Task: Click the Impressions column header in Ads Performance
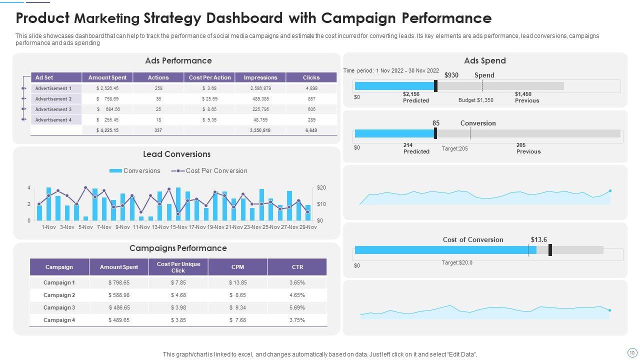pyautogui.click(x=260, y=77)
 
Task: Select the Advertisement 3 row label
pyautogui.click(x=53, y=109)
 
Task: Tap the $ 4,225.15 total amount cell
pyautogui.click(x=107, y=130)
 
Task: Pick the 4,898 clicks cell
pyautogui.click(x=311, y=88)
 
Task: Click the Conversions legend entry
pyautogui.click(x=135, y=171)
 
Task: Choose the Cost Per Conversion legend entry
pyautogui.click(x=209, y=171)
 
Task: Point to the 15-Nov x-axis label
pyautogui.click(x=179, y=227)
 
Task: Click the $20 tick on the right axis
pyautogui.click(x=321, y=187)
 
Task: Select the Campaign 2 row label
pyautogui.click(x=59, y=295)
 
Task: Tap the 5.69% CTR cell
pyautogui.click(x=297, y=307)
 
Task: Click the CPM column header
pyautogui.click(x=237, y=267)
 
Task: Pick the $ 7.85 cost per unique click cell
pyautogui.click(x=178, y=282)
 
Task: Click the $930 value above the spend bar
pyautogui.click(x=451, y=75)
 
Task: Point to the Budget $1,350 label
pyautogui.click(x=476, y=100)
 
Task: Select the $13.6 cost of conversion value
pyautogui.click(x=539, y=239)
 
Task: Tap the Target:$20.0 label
pyautogui.click(x=457, y=262)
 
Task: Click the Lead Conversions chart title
pyautogui.click(x=176, y=154)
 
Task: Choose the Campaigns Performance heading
pyautogui.click(x=178, y=248)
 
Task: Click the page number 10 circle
pyautogui.click(x=631, y=352)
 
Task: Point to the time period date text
pyautogui.click(x=391, y=71)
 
